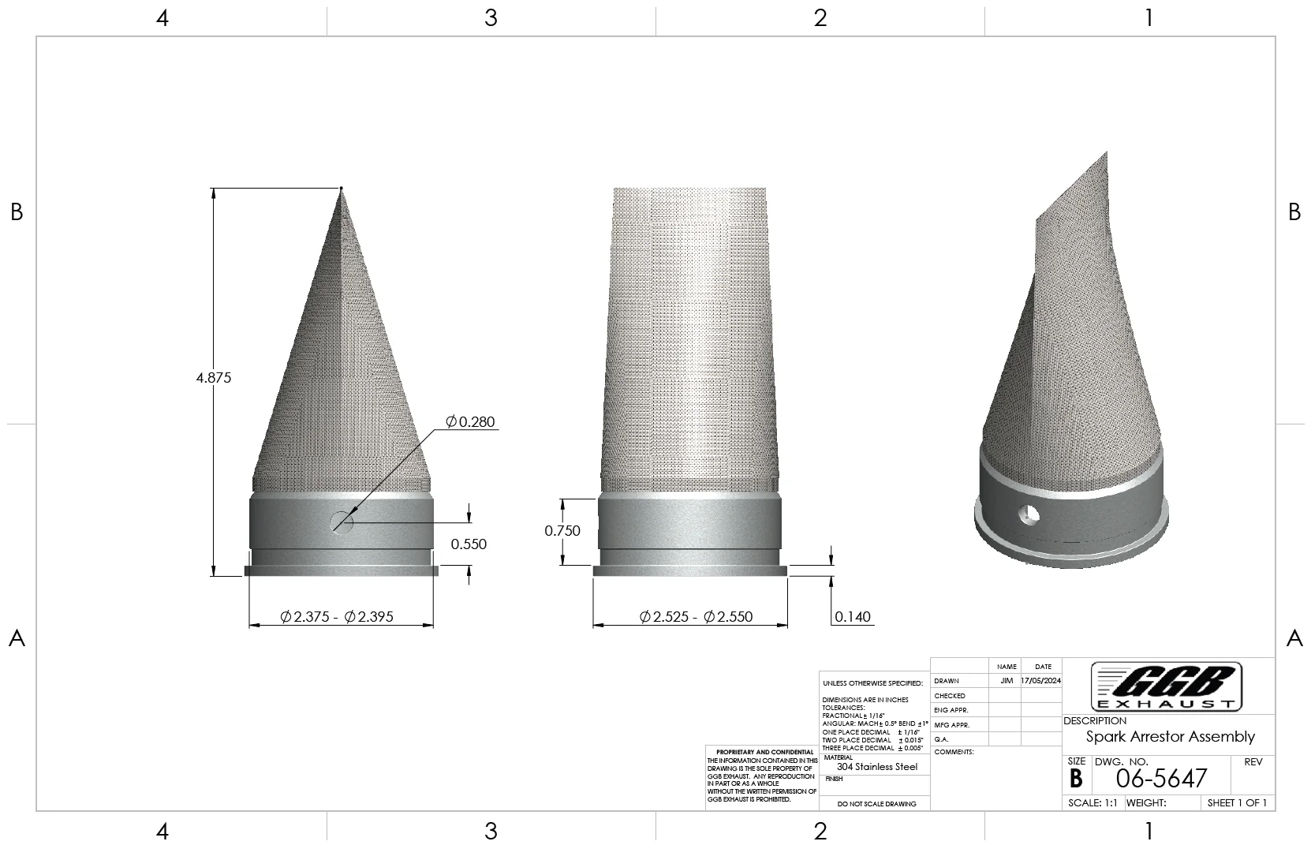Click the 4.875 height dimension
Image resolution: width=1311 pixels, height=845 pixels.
coord(214,378)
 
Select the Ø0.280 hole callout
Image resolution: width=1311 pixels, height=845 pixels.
coord(471,422)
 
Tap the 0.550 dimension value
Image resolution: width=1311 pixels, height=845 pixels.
coord(469,544)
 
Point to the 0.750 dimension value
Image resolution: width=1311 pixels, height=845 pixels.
coord(562,531)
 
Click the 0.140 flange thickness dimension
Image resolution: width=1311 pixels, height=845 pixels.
coord(853,617)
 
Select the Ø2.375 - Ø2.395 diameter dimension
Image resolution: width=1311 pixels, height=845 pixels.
coord(337,617)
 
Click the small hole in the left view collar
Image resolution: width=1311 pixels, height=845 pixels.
coord(342,522)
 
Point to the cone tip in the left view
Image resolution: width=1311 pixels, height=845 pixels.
coord(342,189)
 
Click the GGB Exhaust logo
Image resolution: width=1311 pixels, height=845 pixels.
coord(1167,686)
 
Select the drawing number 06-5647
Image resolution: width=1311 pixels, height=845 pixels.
coord(1161,779)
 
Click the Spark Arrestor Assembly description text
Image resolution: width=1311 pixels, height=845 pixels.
coord(1170,737)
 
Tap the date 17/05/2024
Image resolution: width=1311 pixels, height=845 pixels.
coord(1041,681)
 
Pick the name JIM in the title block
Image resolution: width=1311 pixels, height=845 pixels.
coord(1007,681)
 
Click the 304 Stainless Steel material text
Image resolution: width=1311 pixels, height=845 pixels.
coord(877,767)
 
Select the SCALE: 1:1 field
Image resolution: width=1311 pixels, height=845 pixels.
coord(1092,803)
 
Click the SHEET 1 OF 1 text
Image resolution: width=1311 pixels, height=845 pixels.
coord(1237,803)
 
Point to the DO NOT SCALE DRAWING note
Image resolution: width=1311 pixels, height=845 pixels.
coord(876,804)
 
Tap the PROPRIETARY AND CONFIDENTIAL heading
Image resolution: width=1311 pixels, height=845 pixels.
coord(764,752)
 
